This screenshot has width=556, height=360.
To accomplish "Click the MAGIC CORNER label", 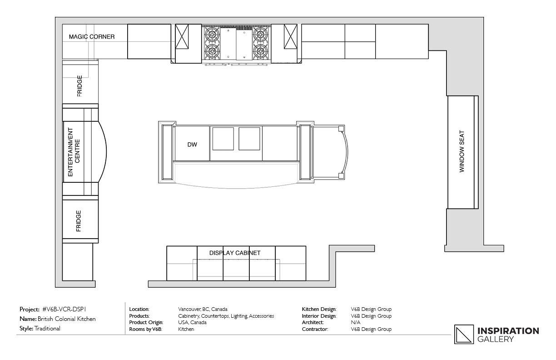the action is tap(92, 37).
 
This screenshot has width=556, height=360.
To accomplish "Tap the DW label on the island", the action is tap(192, 145).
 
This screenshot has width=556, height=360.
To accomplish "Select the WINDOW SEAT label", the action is tap(462, 151).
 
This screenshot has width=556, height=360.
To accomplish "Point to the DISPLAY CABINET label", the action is tap(235, 253).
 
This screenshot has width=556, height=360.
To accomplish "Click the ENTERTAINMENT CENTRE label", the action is tap(74, 152).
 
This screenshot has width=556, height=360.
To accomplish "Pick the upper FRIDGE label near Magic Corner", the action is tap(79, 86).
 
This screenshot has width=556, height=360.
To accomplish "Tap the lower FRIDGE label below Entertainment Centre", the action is tap(79, 221).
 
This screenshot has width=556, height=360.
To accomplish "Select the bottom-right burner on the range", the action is tap(261, 51).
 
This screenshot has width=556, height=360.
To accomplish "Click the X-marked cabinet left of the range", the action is tap(182, 36).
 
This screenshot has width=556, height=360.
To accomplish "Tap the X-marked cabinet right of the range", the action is tap(290, 36).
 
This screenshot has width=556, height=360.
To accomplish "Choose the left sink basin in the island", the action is tap(223, 139).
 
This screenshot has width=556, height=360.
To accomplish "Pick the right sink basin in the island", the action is tap(249, 139).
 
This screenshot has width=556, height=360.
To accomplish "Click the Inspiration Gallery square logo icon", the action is tap(464, 335).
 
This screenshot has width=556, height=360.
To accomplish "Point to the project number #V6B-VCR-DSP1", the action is tap(64, 309).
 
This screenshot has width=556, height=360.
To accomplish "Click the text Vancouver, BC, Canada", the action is tap(203, 309).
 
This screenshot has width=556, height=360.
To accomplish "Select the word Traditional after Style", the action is tap(47, 329).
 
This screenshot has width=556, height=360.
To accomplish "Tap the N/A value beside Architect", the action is tap(355, 322).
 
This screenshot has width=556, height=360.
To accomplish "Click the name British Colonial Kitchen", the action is tap(66, 319).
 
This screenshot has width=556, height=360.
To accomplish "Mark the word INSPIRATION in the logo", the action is tap(508, 331).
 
